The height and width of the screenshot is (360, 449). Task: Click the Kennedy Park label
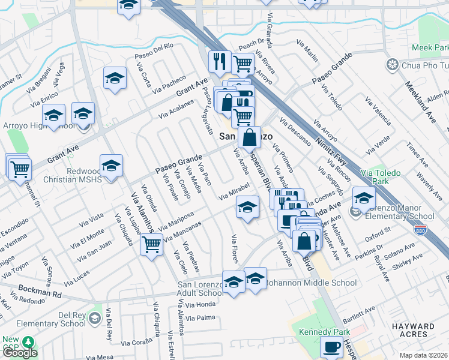318,331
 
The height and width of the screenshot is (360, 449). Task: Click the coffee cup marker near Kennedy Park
331,346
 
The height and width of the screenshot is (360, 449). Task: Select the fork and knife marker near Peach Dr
219,60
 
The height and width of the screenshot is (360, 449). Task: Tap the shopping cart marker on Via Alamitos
151,243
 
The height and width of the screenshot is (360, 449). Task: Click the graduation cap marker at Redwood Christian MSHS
111,166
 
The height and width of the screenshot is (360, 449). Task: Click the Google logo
19,353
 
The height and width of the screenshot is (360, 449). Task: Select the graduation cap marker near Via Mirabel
246,207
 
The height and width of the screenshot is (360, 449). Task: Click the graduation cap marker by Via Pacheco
114,78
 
